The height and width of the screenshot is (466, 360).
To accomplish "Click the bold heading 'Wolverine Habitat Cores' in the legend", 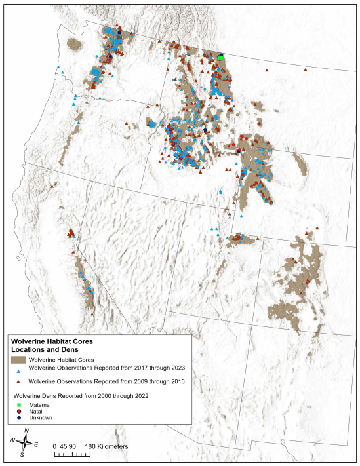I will tap(52, 341).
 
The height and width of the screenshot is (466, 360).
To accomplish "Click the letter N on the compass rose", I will tap(26, 431).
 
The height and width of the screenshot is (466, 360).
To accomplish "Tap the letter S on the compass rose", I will tap(22, 454).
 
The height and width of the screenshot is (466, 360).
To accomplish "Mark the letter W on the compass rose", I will tap(11, 440).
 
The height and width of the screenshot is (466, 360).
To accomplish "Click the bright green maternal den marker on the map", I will tap(221, 58).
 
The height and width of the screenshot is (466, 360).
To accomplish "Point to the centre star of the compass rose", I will tap(24, 443).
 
